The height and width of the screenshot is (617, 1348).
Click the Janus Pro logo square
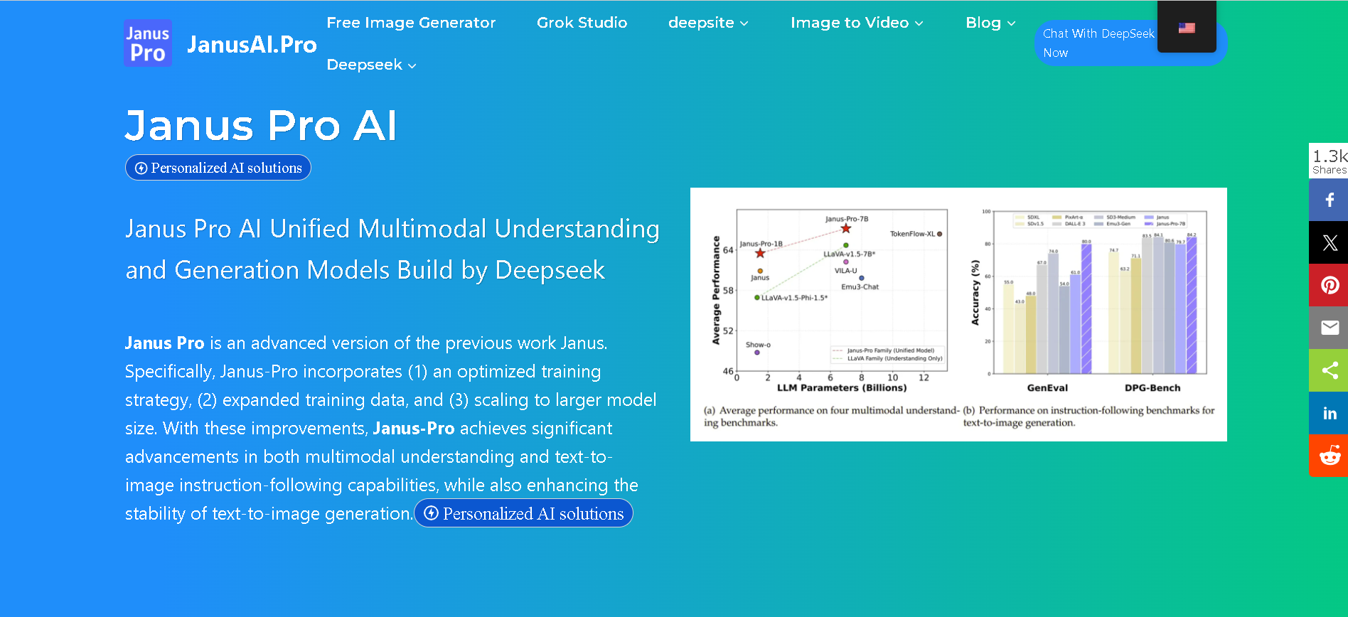[148, 43]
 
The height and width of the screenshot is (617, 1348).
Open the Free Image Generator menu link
[411, 23]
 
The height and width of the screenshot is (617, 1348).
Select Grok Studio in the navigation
[582, 23]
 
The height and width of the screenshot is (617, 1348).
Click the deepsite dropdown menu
[708, 23]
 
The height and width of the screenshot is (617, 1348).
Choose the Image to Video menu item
[857, 23]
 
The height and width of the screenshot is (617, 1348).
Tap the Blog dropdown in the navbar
[990, 23]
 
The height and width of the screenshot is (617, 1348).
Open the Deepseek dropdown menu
[371, 65]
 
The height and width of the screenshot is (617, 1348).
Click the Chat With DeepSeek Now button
[1097, 43]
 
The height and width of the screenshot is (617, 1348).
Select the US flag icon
[1187, 28]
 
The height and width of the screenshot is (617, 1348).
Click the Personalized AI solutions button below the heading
[218, 168]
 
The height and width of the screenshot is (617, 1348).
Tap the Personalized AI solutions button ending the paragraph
[523, 513]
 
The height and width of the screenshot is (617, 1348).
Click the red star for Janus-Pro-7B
[845, 228]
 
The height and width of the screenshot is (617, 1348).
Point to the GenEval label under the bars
[1047, 388]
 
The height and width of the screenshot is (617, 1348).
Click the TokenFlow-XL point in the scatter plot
[939, 234]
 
